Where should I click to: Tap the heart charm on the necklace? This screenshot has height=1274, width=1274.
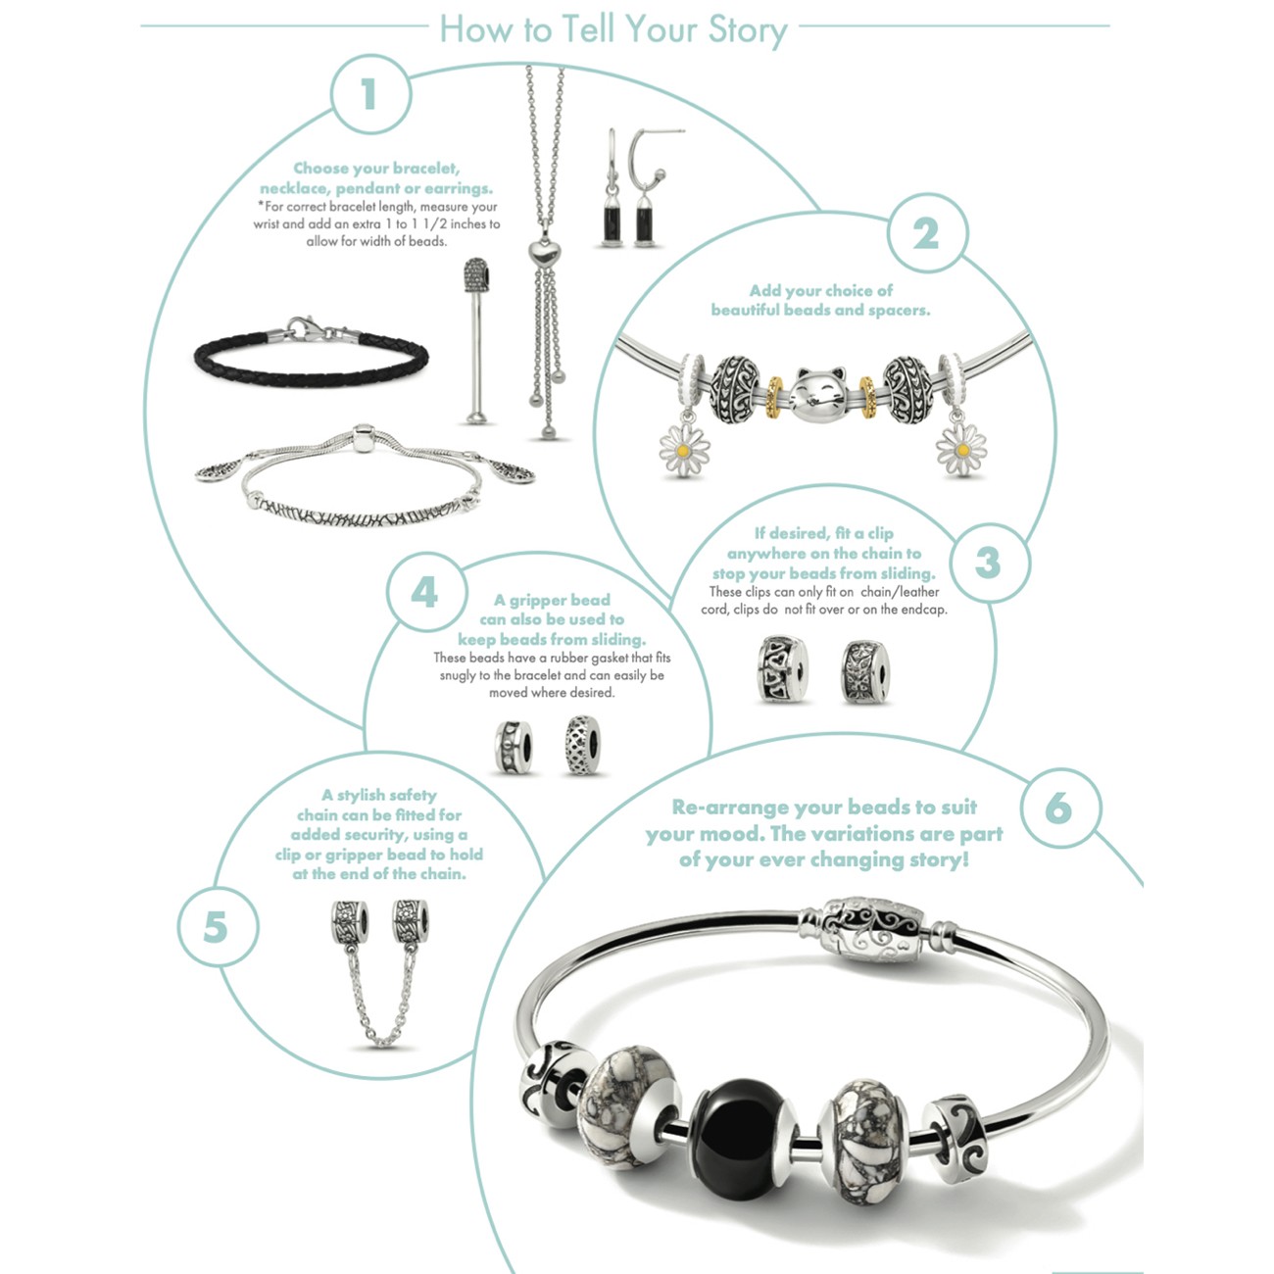coord(544,253)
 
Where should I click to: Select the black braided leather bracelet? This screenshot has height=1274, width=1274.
coord(312,354)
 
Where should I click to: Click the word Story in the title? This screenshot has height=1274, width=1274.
coord(748,29)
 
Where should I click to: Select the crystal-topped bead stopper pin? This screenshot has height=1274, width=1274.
coord(475,340)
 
